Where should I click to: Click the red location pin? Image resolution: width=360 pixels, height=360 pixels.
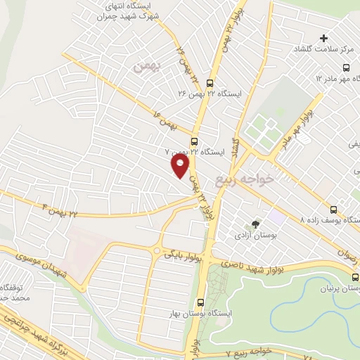coord(181,166)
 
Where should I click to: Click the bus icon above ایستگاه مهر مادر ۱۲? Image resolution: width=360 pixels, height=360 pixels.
coord(345,67)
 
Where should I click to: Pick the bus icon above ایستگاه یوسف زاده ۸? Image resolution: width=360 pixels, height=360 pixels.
coord(333,209)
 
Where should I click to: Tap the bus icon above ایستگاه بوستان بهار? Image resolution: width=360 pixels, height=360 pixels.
coord(201,302)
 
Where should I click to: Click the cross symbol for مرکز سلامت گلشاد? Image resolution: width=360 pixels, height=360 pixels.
coord(323,37)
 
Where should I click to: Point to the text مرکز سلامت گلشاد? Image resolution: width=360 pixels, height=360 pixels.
coord(324,51)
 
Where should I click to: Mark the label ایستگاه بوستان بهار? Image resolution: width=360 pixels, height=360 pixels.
coord(201,314)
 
